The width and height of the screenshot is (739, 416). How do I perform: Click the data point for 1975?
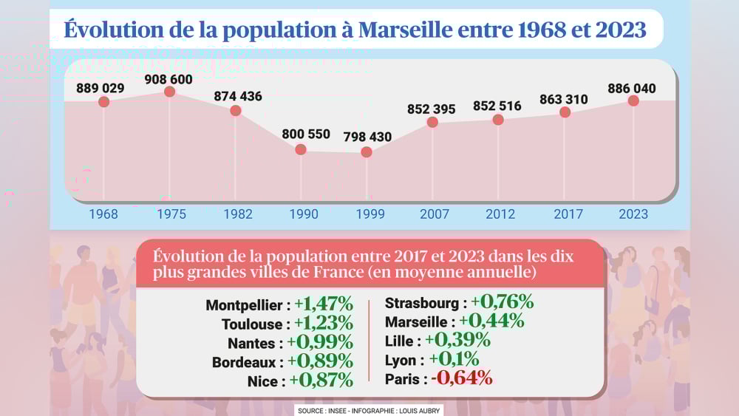tap(169, 92)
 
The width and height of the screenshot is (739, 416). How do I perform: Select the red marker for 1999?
tap(366, 152)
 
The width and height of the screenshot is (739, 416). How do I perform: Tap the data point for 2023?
tap(633, 100)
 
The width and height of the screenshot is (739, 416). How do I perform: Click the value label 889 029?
tap(100, 89)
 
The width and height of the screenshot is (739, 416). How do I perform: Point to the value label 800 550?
tap(305, 134)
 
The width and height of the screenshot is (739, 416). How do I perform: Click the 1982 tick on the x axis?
tap(237, 214)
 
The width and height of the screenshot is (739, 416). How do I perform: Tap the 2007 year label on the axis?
tap(434, 214)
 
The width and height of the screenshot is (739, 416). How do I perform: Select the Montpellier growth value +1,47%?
tap(323, 304)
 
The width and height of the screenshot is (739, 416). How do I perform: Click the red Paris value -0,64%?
tap(462, 379)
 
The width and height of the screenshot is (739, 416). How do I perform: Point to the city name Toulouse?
tap(251, 324)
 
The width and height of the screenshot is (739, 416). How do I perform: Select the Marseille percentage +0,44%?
tap(491, 321)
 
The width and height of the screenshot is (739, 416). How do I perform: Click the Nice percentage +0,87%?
tap(321, 381)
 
